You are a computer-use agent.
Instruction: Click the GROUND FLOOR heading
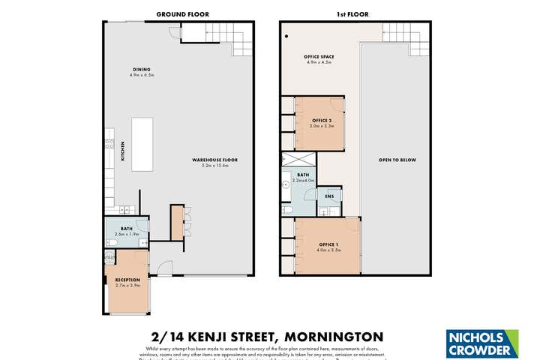coord(182,14)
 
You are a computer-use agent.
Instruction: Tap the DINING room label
coord(141,69)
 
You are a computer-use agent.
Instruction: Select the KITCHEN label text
coord(123,152)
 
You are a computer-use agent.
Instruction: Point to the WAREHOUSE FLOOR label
coord(214,160)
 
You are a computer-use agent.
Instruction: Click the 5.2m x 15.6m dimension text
coord(214,166)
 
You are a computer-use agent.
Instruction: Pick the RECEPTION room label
coord(127,280)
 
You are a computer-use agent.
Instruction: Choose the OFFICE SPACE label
coord(319,57)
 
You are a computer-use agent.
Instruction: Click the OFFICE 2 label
coord(322,120)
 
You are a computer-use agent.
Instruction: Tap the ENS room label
coord(328,196)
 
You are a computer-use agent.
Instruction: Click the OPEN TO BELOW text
coord(397,160)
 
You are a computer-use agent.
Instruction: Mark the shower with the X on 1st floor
coord(298,160)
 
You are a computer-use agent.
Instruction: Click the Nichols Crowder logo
coord(481,343)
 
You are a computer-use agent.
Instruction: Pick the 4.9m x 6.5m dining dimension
coord(141,75)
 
